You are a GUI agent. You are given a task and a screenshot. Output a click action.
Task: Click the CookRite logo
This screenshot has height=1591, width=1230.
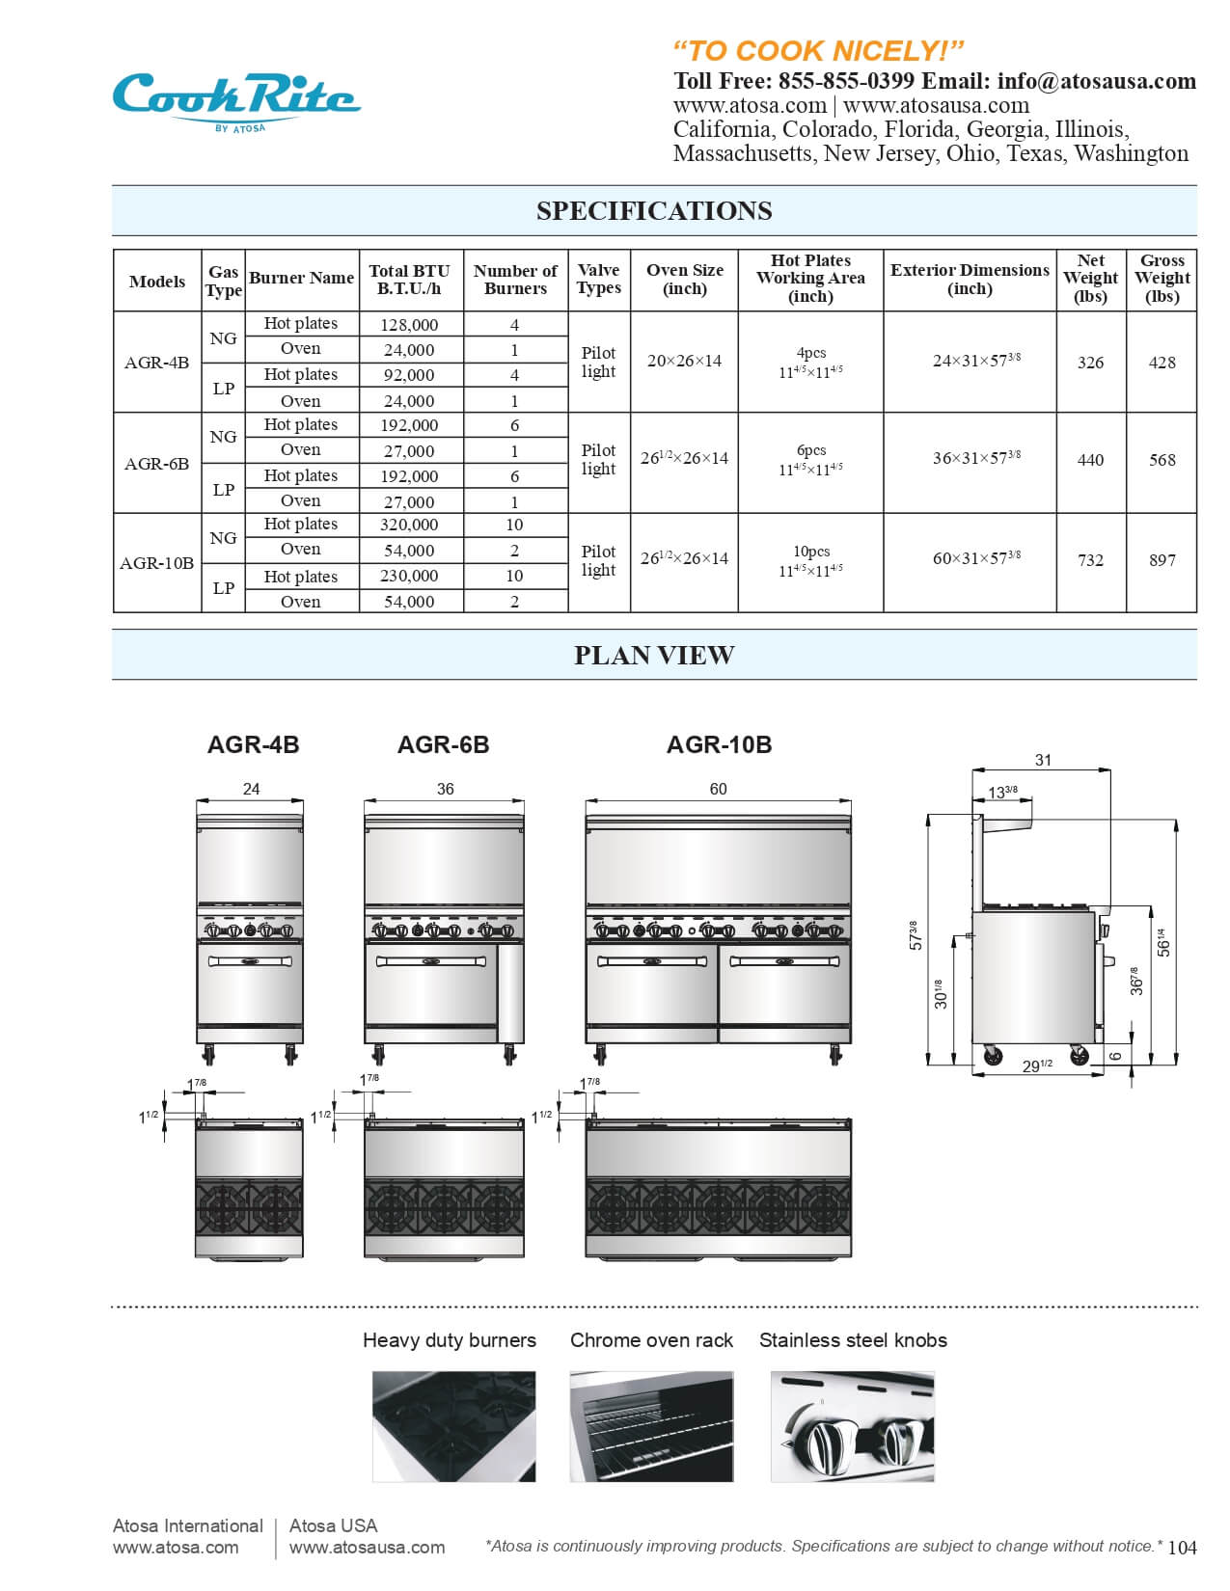click(x=236, y=99)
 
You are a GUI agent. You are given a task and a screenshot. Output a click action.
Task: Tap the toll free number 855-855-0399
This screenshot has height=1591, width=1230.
click(x=846, y=81)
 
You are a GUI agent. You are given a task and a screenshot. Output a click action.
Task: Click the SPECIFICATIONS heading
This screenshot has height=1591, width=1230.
click(x=654, y=211)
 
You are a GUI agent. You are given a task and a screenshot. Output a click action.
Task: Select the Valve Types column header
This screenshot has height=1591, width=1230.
click(x=598, y=280)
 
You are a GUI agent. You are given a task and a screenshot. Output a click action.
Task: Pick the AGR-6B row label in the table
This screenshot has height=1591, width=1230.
click(x=156, y=464)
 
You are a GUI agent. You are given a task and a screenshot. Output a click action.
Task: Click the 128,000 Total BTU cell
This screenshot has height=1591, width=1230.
click(x=409, y=325)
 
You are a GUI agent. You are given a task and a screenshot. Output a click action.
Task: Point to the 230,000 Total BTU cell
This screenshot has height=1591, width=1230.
click(x=409, y=576)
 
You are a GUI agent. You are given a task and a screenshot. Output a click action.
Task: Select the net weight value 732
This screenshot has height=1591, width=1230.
click(x=1090, y=560)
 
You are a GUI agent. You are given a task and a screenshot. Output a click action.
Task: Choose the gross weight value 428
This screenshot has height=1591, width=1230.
click(x=1162, y=363)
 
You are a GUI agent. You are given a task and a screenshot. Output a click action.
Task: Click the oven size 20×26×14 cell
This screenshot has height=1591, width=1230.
click(x=684, y=362)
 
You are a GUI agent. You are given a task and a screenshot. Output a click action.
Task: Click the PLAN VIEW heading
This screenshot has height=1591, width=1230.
click(x=654, y=656)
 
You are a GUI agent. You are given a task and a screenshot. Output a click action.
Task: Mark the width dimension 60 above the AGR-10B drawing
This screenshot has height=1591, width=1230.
click(x=719, y=789)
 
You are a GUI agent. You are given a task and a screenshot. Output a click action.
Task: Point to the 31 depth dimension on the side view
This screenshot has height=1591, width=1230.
click(x=1043, y=760)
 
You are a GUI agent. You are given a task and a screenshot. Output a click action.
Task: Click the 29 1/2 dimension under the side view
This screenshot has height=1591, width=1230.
click(x=1037, y=1065)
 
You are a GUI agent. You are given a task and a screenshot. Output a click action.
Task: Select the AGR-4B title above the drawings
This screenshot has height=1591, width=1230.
click(x=253, y=744)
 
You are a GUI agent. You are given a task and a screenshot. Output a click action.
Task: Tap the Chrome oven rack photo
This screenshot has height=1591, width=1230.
click(x=651, y=1426)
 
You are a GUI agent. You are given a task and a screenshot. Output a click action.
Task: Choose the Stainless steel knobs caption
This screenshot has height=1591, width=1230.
click(x=853, y=1340)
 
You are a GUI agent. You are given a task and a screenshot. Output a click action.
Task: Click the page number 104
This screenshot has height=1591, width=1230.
click(x=1182, y=1548)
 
